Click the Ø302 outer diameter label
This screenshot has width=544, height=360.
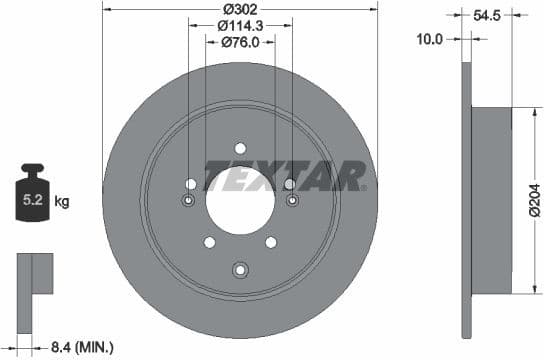pyautogui.click(x=240, y=8)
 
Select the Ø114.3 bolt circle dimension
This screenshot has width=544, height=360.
pyautogui.click(x=240, y=25)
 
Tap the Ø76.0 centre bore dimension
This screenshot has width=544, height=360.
pyautogui.click(x=240, y=42)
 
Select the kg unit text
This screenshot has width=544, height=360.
pyautogui.click(x=62, y=202)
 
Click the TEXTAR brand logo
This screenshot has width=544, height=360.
pyautogui.click(x=286, y=176)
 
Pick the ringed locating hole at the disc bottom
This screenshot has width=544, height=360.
pyautogui.click(x=240, y=268)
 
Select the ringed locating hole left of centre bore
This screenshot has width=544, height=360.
pyautogui.click(x=187, y=201)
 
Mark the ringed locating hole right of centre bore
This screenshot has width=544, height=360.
pyautogui.click(x=292, y=201)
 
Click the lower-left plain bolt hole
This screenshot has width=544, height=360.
pyautogui.click(x=209, y=242)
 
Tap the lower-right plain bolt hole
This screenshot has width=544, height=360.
pyautogui.click(x=271, y=242)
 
